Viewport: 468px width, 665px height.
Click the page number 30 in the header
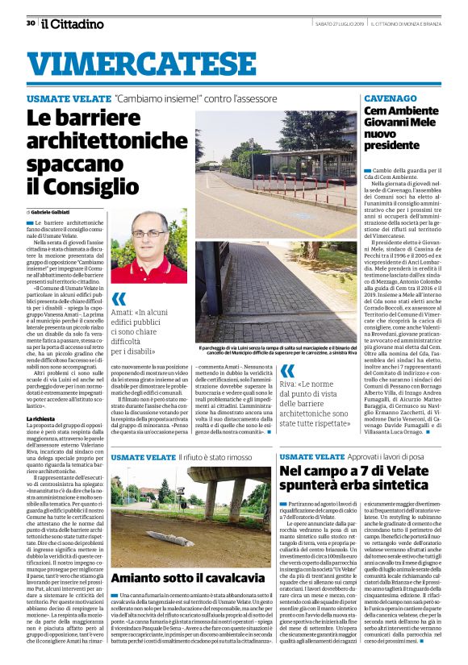point(30,23)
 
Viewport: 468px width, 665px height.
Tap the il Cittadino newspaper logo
point(73,23)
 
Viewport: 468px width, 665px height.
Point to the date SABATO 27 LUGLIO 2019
point(314,23)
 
